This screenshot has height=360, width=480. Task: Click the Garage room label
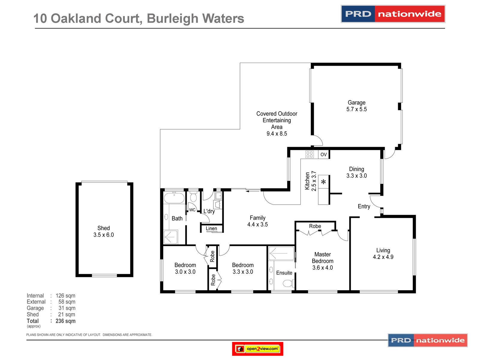[x=356, y=103]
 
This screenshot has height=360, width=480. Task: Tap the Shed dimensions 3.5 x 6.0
[x=103, y=235]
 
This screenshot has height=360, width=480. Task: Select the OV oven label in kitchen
[x=323, y=154]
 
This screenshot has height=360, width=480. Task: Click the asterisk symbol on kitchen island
[x=323, y=182]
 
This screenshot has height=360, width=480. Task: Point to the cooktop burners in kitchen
[x=309, y=154]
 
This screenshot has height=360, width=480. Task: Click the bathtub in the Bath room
[x=174, y=198]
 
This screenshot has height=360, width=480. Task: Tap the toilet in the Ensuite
[x=288, y=283]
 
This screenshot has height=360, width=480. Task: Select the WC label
[x=192, y=210]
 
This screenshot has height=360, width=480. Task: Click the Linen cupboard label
[x=211, y=229]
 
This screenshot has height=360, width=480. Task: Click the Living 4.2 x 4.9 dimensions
[x=383, y=257]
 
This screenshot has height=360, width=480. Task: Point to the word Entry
[x=364, y=206]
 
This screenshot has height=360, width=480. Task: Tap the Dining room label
[x=356, y=169]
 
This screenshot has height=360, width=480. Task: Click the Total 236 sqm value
[x=65, y=321]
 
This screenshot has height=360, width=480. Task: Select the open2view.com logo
[x=257, y=349]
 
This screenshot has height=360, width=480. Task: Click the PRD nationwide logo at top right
[x=393, y=14]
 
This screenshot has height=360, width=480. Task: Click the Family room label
[x=257, y=218]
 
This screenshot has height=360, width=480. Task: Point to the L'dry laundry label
[x=209, y=211]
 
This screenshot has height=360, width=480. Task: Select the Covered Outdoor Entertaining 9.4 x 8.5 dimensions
[x=277, y=134]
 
